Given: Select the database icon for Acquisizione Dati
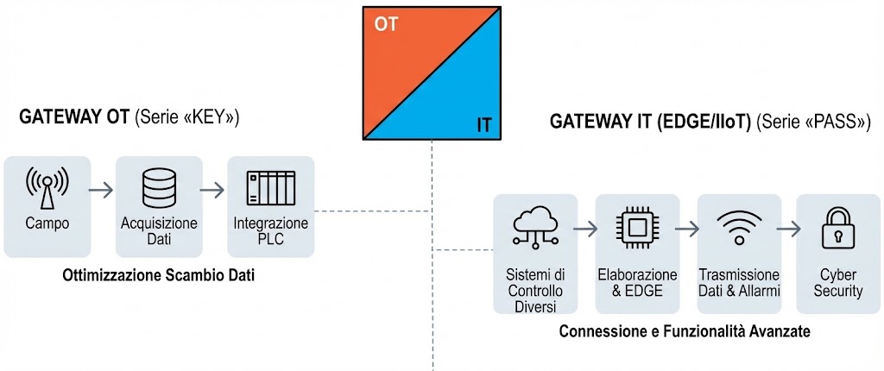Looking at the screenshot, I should point(159,188).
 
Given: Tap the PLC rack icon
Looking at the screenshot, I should point(271,187).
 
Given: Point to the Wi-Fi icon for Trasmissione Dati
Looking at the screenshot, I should point(739,228).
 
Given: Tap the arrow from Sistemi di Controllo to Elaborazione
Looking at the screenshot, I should point(585,230).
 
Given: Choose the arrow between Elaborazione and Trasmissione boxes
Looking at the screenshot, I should point(688,230).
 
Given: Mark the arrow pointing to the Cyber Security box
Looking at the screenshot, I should point(788,230).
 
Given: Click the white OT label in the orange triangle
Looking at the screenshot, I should point(386,24).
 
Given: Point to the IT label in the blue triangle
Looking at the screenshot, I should point(484,126).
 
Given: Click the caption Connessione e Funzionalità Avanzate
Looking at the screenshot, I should point(685,331).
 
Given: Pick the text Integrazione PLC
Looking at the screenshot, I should point(271,231).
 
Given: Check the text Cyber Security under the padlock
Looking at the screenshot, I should point(838,283).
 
